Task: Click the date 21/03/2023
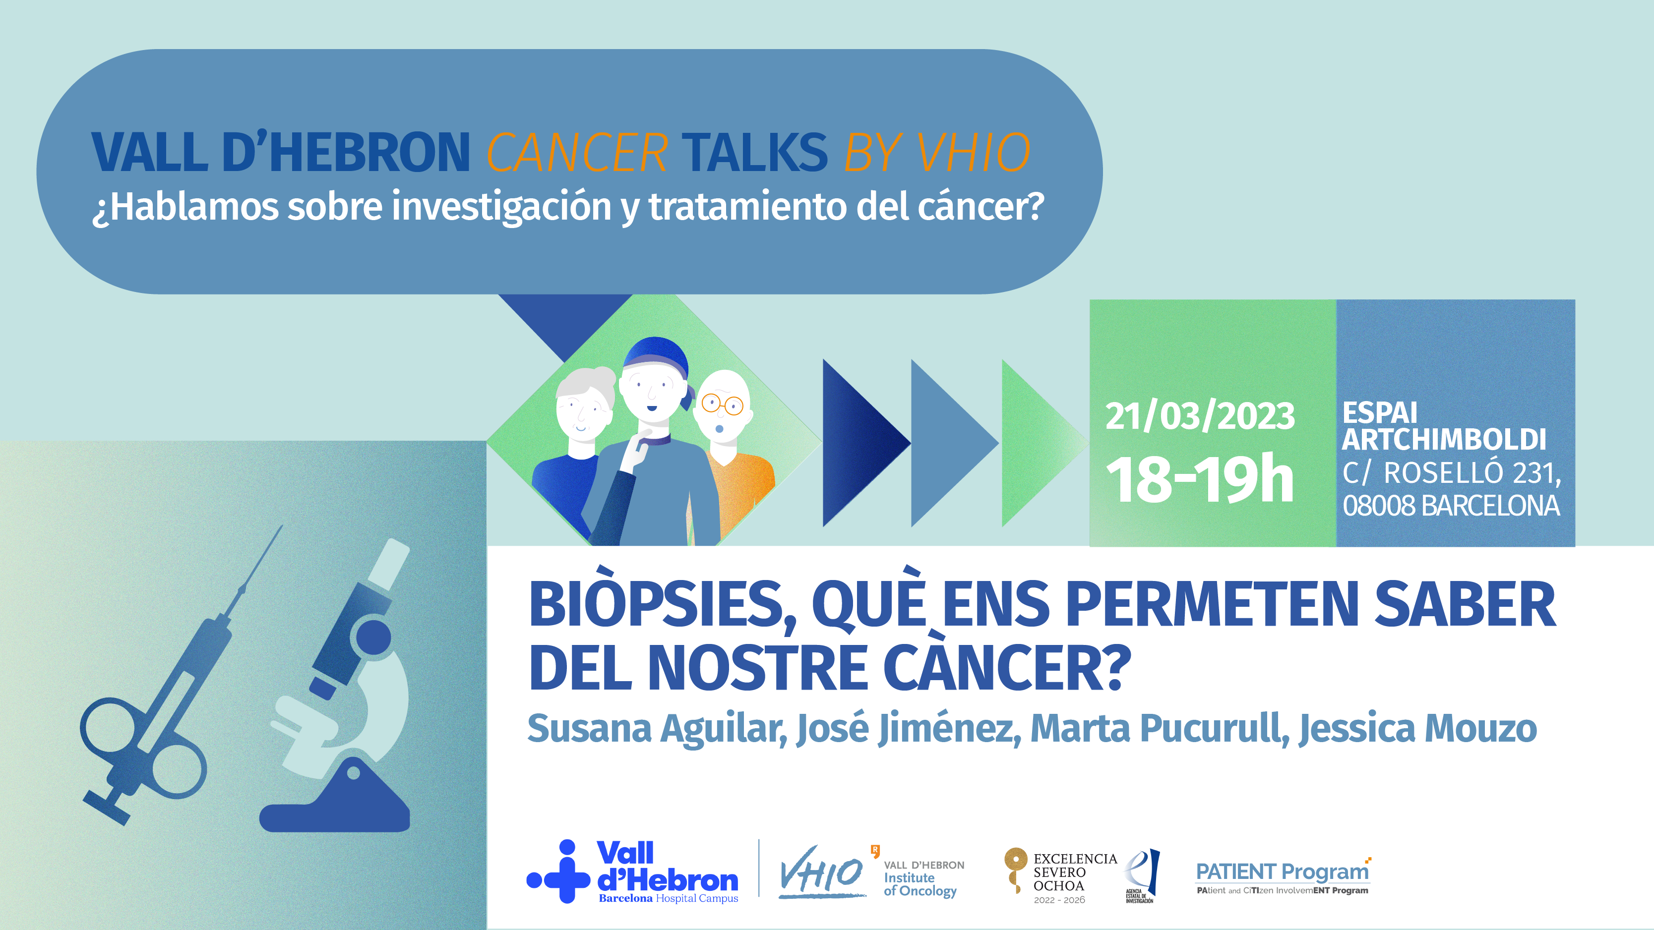click(1199, 416)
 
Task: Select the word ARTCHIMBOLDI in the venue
click(1444, 440)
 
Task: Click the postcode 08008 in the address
click(1379, 506)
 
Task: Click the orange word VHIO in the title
click(973, 153)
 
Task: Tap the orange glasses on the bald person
click(722, 405)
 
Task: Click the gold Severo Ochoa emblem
click(1015, 870)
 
